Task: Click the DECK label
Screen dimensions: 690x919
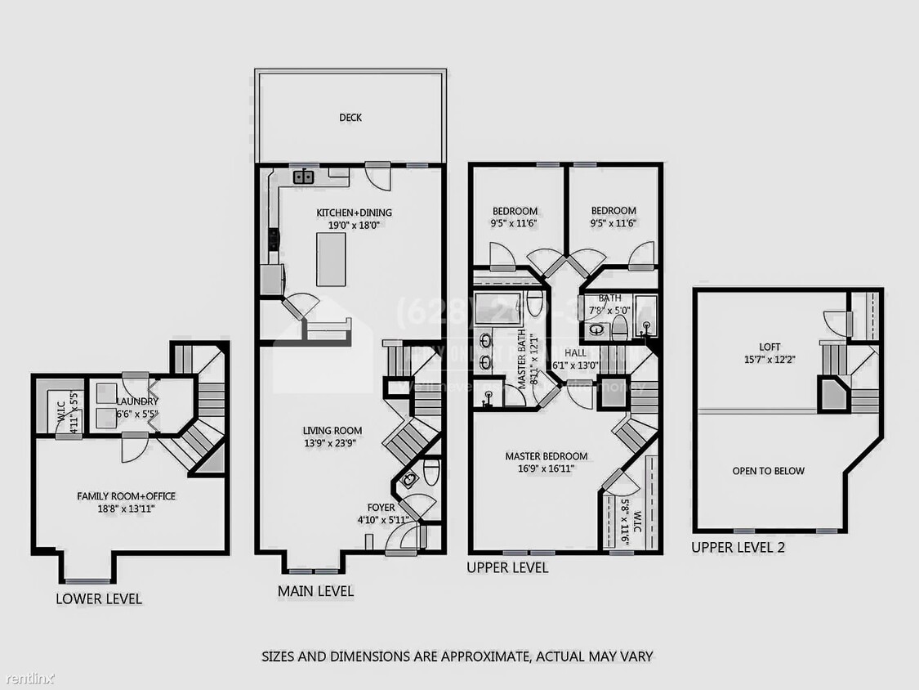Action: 350,118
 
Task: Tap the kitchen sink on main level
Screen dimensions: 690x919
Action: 304,177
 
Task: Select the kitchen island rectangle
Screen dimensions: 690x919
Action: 331,258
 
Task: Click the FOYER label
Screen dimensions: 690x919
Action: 381,508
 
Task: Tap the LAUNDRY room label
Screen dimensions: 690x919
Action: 136,401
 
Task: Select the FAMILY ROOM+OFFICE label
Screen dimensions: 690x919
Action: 126,496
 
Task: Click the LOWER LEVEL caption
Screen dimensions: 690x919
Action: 99,598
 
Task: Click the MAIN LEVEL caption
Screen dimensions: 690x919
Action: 316,591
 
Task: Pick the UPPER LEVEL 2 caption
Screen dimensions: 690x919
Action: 738,548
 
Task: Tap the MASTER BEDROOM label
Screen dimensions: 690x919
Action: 546,456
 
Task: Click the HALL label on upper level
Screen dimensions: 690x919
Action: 576,353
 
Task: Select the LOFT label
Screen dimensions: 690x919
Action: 770,347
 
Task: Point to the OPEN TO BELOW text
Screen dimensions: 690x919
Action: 768,471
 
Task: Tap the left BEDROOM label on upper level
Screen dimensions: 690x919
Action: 515,211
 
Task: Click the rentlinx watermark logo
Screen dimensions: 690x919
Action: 29,679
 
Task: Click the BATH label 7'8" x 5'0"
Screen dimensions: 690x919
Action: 609,298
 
